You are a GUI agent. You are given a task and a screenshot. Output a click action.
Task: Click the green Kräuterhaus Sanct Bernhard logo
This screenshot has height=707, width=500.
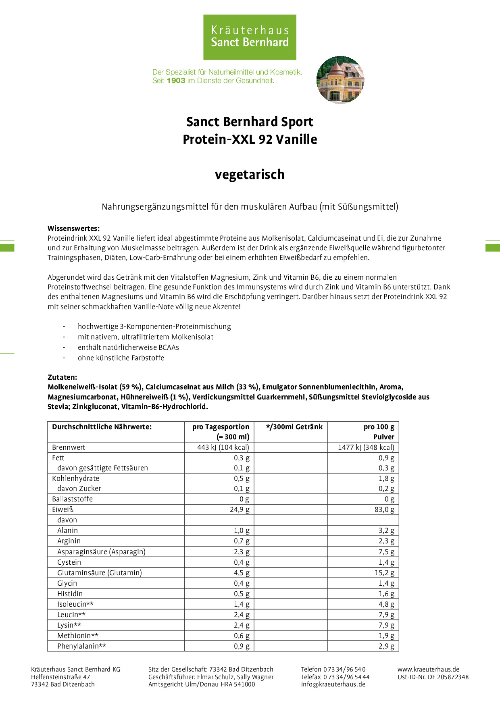(x=250, y=37)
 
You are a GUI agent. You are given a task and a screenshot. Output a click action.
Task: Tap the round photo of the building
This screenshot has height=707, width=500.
(x=340, y=80)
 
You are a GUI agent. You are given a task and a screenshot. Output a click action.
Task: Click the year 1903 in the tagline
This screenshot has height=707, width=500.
(x=176, y=81)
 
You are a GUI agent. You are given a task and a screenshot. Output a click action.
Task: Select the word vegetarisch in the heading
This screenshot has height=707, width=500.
(x=250, y=175)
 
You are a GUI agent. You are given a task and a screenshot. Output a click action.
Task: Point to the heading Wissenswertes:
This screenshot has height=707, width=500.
(x=73, y=229)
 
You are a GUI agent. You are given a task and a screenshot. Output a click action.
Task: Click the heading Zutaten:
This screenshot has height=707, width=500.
(x=62, y=377)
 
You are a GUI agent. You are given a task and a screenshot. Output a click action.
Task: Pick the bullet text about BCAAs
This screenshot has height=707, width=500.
(x=128, y=347)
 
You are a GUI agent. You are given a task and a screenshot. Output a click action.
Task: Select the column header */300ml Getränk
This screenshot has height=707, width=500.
(x=294, y=427)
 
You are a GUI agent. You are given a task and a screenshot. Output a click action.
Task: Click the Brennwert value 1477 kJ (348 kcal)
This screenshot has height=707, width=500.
(x=366, y=447)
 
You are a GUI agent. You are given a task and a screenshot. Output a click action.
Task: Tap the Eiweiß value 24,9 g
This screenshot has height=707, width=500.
(x=240, y=509)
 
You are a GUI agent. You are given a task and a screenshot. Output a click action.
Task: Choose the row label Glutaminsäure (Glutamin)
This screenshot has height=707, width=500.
(x=100, y=573)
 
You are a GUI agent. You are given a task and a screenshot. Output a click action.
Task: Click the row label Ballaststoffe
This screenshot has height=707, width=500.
(x=72, y=499)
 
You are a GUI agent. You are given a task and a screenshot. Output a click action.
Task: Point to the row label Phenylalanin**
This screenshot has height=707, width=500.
(x=81, y=646)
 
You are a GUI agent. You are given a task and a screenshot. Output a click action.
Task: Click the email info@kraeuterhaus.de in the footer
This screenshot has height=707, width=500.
(x=333, y=684)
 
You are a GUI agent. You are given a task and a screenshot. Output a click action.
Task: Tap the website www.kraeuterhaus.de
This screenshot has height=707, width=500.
(x=428, y=669)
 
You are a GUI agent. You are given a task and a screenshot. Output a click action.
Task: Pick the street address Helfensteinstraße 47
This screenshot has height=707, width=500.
(x=60, y=677)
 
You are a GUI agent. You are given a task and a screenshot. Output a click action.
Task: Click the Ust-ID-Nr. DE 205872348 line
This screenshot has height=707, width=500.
(x=433, y=677)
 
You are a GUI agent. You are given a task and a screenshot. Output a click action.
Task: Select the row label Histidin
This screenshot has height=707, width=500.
(x=70, y=594)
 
